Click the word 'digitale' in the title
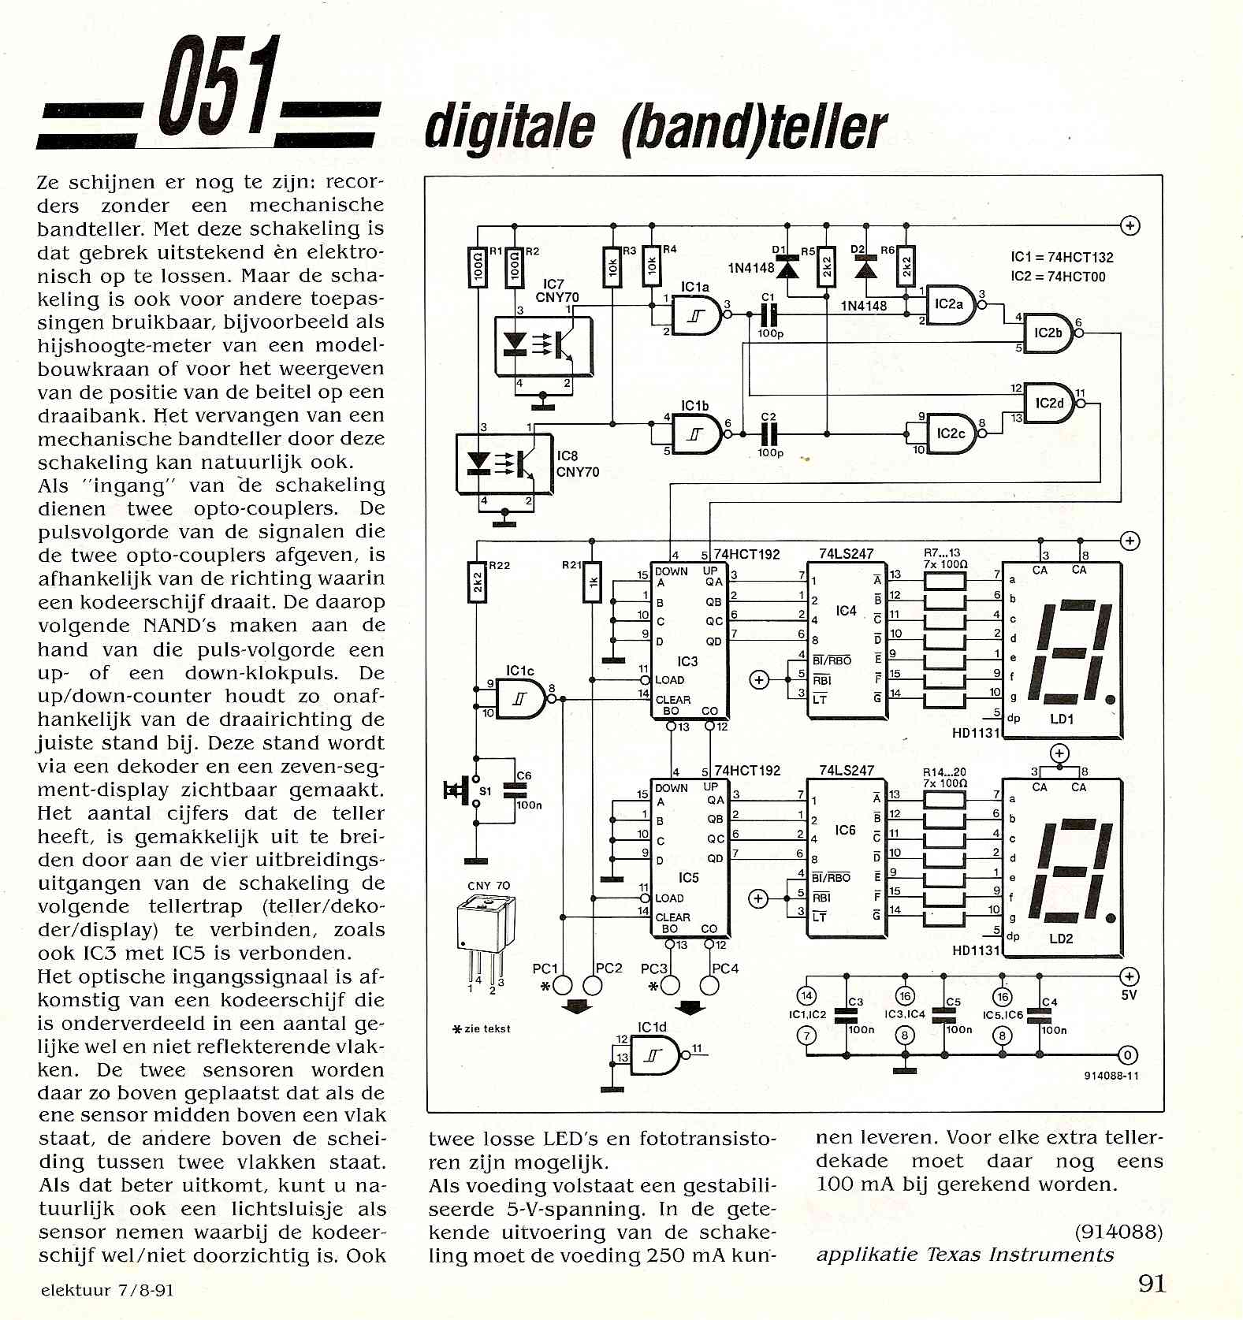pyautogui.click(x=509, y=128)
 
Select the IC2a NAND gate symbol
pyautogui.click(x=951, y=304)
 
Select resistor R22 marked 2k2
pyautogui.click(x=477, y=583)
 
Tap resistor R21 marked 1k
pyautogui.click(x=592, y=583)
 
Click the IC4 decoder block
pyautogui.click(x=847, y=639)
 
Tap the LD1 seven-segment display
pyautogui.click(x=1061, y=651)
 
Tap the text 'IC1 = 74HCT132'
pyautogui.click(x=1062, y=258)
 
